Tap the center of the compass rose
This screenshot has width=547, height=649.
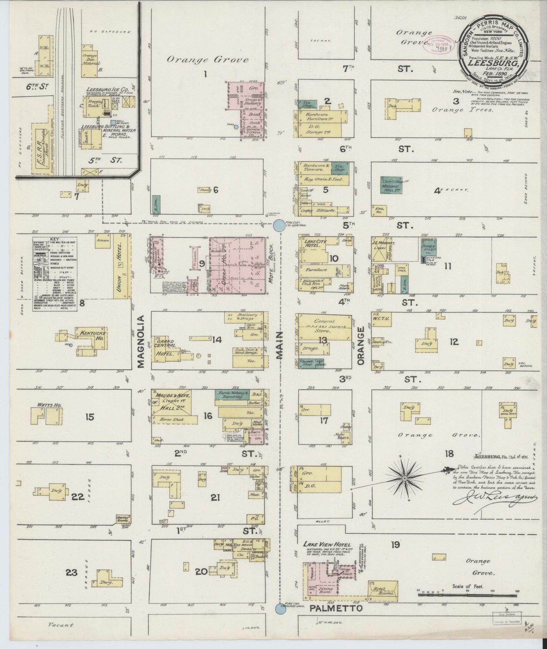(405, 478)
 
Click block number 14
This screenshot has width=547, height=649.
(217, 340)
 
